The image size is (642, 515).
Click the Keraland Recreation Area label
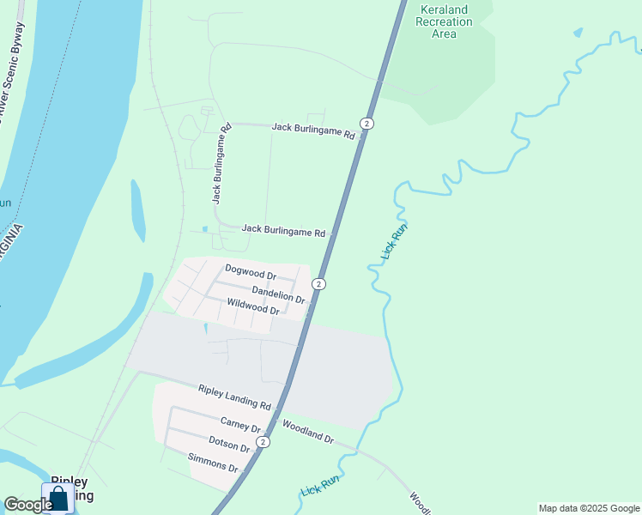[444, 21]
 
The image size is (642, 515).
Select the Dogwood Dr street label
[250, 272]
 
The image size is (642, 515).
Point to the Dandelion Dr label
[278, 294]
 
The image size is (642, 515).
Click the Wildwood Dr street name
[252, 306]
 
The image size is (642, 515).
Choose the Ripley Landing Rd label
[234, 397]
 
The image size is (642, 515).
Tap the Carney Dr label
[240, 423]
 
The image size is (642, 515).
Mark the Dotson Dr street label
[229, 445]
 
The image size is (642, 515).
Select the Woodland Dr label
[307, 432]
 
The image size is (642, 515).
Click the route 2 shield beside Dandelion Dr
[318, 284]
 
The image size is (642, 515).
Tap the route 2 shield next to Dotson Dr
[263, 442]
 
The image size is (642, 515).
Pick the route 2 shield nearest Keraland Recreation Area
[367, 124]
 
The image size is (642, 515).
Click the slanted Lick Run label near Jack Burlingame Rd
[394, 242]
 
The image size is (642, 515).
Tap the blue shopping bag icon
[58, 498]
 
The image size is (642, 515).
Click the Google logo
[27, 505]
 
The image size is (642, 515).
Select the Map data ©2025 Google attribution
[588, 508]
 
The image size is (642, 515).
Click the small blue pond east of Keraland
[578, 33]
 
